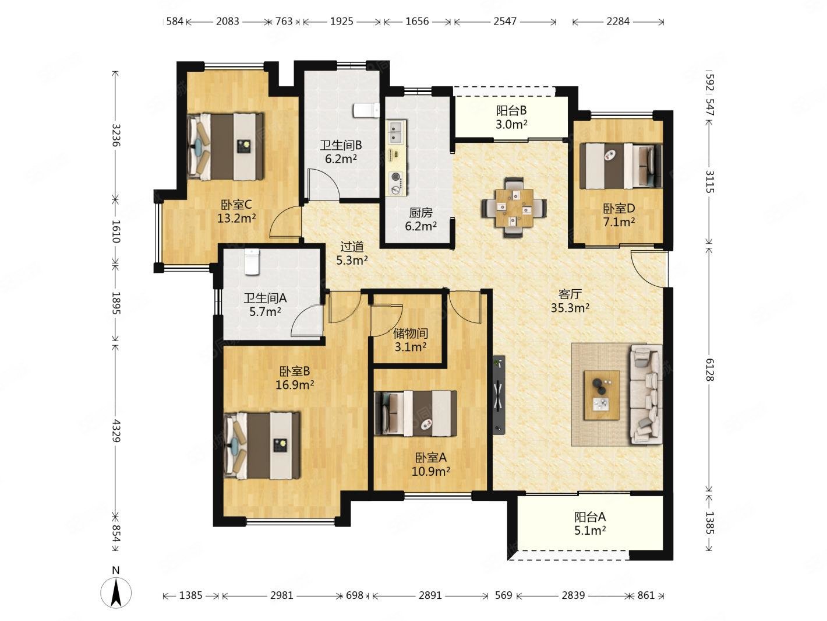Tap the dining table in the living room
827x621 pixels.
pyautogui.click(x=514, y=208)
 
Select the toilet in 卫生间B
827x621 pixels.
pyautogui.click(x=366, y=110)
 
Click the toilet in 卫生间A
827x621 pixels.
pyautogui.click(x=252, y=261)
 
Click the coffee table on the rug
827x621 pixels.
pyautogui.click(x=602, y=395)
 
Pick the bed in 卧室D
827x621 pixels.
pyautogui.click(x=620, y=166)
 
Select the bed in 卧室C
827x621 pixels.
pyautogui.click(x=225, y=146)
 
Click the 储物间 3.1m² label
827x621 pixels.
pyautogui.click(x=411, y=340)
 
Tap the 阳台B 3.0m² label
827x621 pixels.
pyautogui.click(x=511, y=117)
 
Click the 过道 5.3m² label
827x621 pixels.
pyautogui.click(x=352, y=253)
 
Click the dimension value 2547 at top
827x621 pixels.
pyautogui.click(x=505, y=21)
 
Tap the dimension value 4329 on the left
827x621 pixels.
pyautogui.click(x=115, y=430)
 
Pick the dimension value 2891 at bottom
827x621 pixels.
pyautogui.click(x=430, y=595)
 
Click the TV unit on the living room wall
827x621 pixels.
pyautogui.click(x=499, y=395)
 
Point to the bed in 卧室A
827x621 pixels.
pyautogui.click(x=416, y=413)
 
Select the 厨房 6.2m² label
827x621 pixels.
pyautogui.click(x=421, y=219)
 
